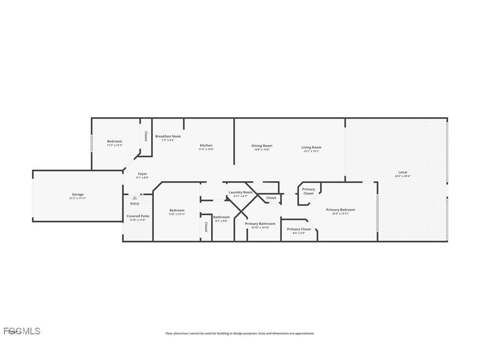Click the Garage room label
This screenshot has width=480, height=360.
point(78,194)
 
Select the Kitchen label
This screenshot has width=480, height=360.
point(206,145)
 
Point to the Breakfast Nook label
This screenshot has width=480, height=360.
point(168,136)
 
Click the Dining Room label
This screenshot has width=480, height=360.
point(262,146)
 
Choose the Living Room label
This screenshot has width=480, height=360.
point(311,147)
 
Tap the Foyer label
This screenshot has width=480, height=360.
point(142,174)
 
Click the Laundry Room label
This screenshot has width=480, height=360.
point(240,192)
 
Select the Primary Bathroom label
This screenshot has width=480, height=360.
point(260,223)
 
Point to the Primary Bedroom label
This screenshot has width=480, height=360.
point(340,210)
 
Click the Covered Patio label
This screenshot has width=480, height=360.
point(138,216)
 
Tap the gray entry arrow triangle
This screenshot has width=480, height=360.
point(134,198)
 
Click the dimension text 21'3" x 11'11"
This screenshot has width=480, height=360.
point(78,198)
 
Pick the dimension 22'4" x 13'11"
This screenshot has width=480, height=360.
point(340,214)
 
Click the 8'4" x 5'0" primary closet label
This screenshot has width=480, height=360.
point(299,233)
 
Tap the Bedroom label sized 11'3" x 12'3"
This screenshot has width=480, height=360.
point(114,141)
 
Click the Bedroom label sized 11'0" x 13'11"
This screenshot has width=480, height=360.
point(177,210)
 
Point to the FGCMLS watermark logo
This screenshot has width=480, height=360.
point(21,331)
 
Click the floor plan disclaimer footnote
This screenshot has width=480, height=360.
point(240,333)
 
